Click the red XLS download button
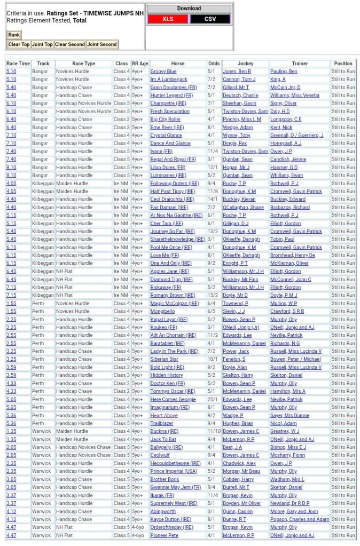[168, 19]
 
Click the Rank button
[14, 35]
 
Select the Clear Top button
[19, 44]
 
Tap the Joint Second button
[101, 44]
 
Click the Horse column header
[178, 64]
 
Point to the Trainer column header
[300, 64]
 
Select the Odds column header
[214, 64]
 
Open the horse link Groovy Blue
[163, 72]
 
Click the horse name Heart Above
[164, 415]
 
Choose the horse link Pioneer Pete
[165, 535]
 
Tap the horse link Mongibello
[162, 311]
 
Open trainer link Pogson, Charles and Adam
[300, 519]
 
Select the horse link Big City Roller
[166, 120]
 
